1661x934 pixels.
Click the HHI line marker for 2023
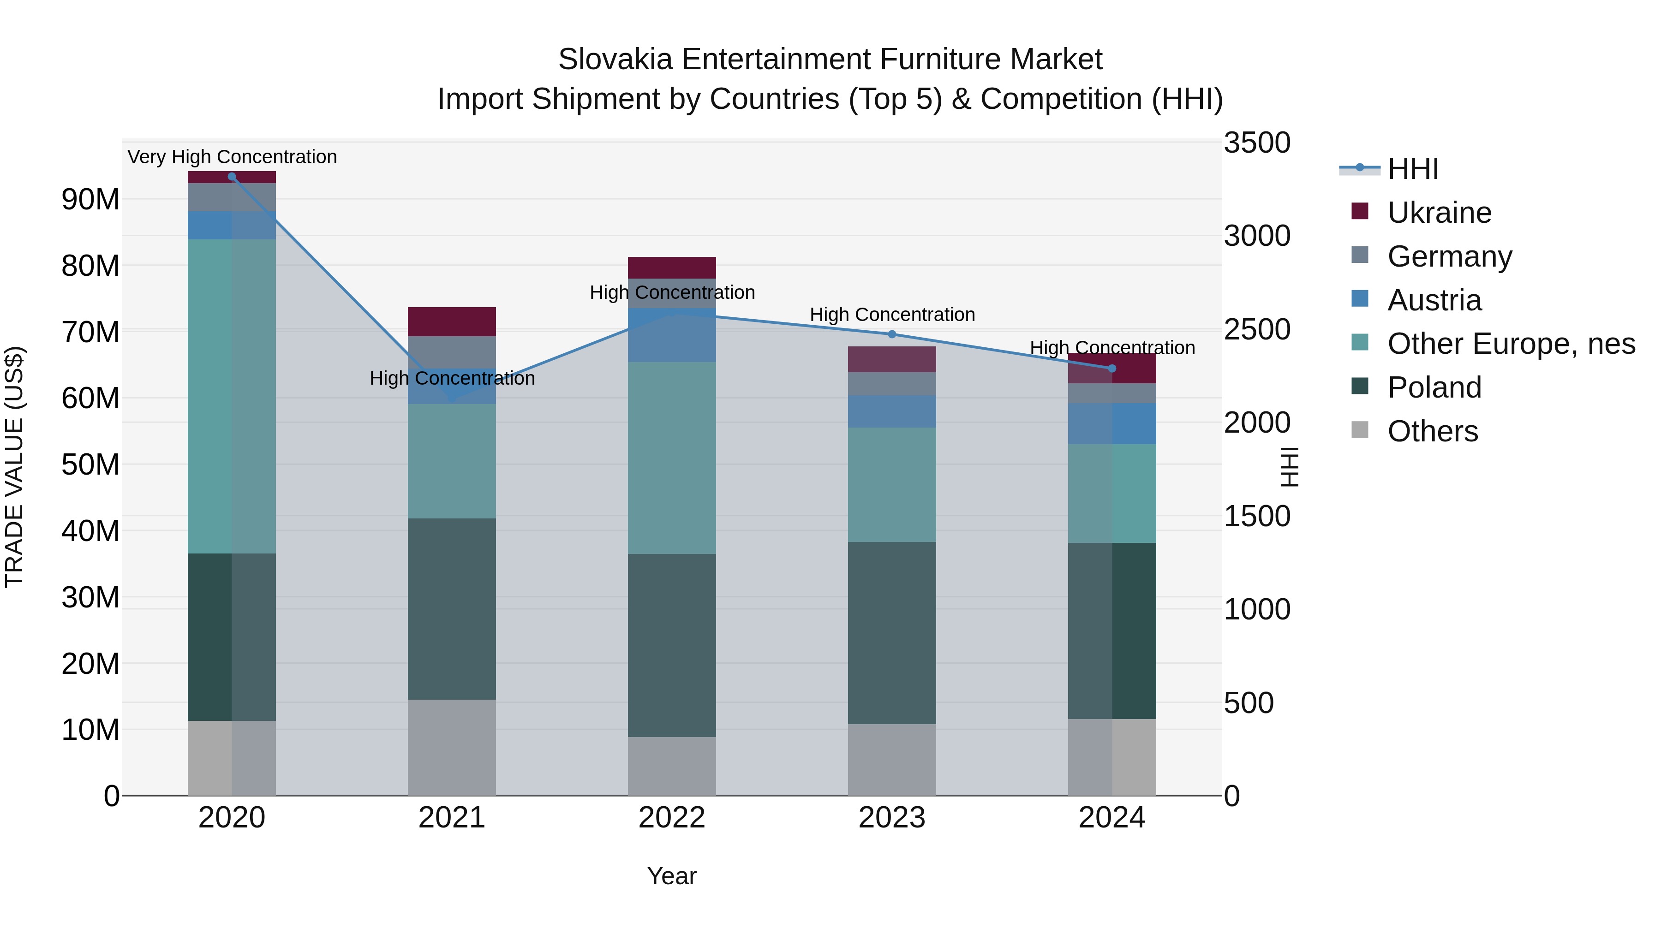(892, 334)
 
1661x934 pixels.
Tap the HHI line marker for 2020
(232, 177)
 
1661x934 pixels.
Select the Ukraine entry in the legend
(1439, 213)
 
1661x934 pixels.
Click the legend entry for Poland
(1434, 387)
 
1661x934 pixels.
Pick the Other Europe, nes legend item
(1511, 344)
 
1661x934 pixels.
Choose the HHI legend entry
(1412, 169)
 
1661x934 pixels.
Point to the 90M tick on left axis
(90, 199)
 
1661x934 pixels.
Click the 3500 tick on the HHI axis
(1257, 143)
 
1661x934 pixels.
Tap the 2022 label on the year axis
(672, 818)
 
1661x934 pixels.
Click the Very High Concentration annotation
(232, 157)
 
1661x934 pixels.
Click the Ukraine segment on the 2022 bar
(672, 268)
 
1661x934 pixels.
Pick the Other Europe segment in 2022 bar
(672, 458)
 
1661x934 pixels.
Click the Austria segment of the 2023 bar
(892, 411)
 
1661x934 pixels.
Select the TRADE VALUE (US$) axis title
(14, 467)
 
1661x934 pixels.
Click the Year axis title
(672, 876)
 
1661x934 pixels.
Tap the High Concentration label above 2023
(892, 315)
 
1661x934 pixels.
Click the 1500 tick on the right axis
(1257, 516)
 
